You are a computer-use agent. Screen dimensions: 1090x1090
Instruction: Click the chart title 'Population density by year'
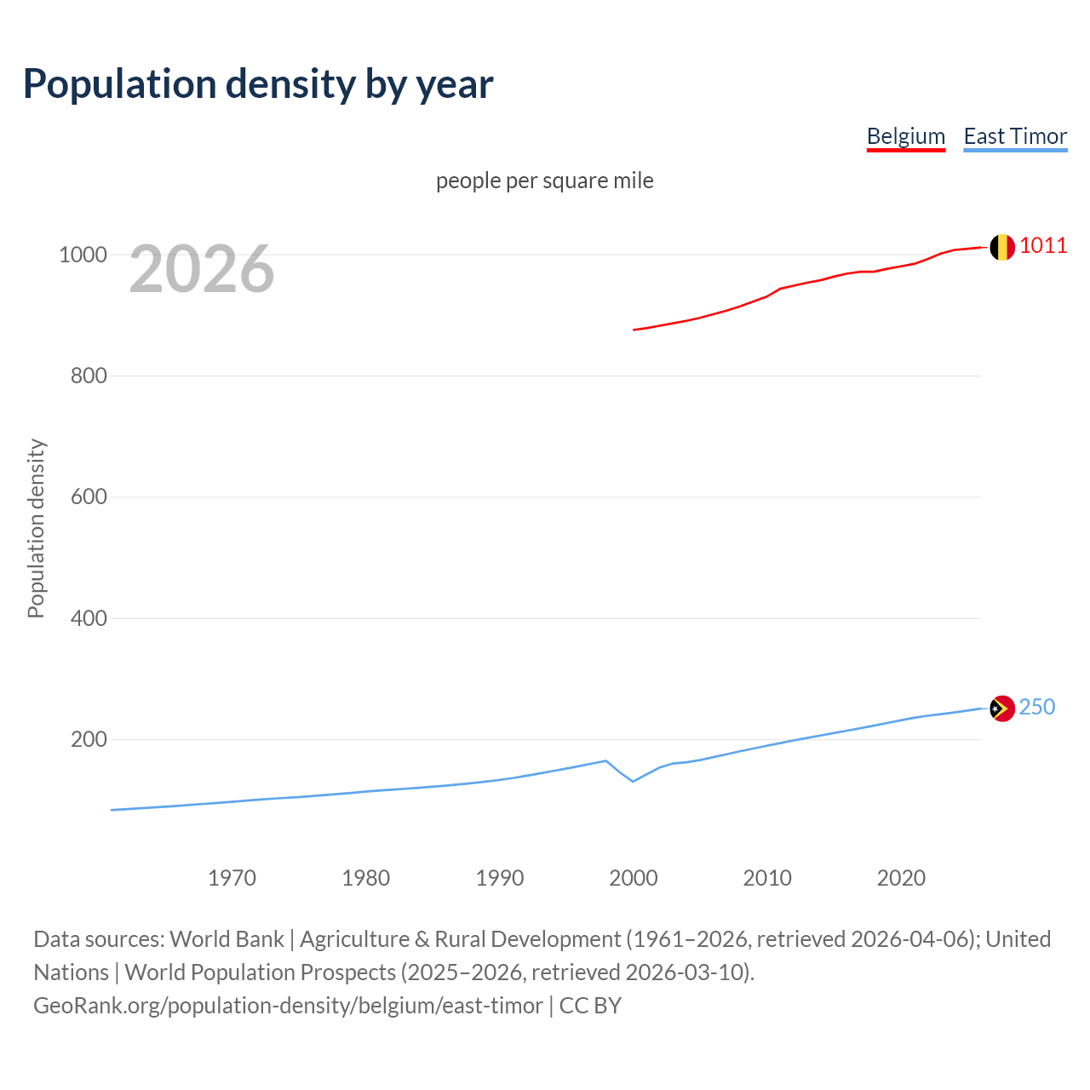pyautogui.click(x=258, y=83)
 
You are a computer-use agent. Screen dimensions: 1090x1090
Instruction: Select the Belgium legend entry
pyautogui.click(x=905, y=136)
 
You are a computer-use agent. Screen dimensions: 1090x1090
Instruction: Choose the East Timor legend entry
pyautogui.click(x=1014, y=136)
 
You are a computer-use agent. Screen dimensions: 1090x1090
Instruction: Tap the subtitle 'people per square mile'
pyautogui.click(x=544, y=181)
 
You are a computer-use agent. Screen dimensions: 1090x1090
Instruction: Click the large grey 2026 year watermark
pyautogui.click(x=202, y=269)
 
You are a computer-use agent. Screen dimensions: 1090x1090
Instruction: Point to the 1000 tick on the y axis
pyautogui.click(x=83, y=255)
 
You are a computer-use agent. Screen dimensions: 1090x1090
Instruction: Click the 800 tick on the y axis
pyautogui.click(x=89, y=376)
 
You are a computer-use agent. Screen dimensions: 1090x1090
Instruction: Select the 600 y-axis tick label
pyautogui.click(x=89, y=496)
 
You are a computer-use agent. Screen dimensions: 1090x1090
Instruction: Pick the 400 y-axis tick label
pyautogui.click(x=89, y=618)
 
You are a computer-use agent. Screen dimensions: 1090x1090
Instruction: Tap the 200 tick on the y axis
pyautogui.click(x=89, y=739)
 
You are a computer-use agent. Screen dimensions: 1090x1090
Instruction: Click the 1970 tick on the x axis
pyautogui.click(x=232, y=878)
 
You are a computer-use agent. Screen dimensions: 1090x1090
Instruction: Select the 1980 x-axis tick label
pyautogui.click(x=365, y=878)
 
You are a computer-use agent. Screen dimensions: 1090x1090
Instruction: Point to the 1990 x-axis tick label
pyautogui.click(x=500, y=878)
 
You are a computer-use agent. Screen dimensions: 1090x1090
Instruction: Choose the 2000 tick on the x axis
pyautogui.click(x=634, y=878)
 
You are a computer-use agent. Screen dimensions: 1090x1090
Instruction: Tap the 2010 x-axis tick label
pyautogui.click(x=767, y=878)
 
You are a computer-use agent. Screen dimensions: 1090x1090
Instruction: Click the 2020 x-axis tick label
pyautogui.click(x=901, y=878)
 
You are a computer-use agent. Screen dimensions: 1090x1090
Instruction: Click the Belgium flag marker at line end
pyautogui.click(x=1002, y=247)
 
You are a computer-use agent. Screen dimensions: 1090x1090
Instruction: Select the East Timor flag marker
pyautogui.click(x=1002, y=708)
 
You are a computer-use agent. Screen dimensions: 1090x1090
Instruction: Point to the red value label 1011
pyautogui.click(x=1043, y=246)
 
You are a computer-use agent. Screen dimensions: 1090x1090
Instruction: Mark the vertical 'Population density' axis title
pyautogui.click(x=36, y=528)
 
